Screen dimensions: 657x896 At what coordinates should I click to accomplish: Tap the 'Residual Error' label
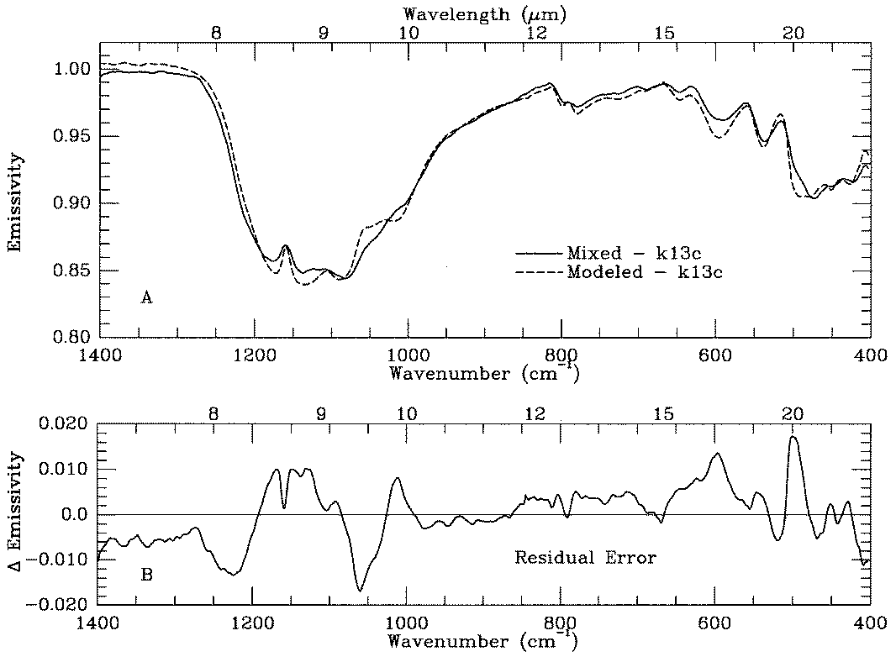(x=585, y=556)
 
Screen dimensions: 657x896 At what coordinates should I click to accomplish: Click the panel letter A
(x=145, y=297)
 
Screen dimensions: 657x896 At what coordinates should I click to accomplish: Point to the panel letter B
(x=145, y=576)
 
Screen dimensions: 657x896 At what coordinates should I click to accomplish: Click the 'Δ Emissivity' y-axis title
(x=15, y=514)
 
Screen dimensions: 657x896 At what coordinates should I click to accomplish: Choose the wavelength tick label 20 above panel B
(x=791, y=413)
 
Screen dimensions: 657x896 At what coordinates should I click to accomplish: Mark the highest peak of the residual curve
(x=793, y=437)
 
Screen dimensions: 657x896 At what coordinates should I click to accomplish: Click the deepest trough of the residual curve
(x=361, y=591)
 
